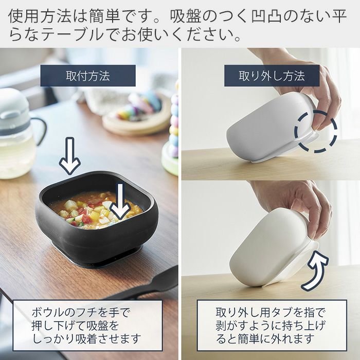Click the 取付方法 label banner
pos(88,76)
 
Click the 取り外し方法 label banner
pos(272,76)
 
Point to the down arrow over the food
pos(120,201)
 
